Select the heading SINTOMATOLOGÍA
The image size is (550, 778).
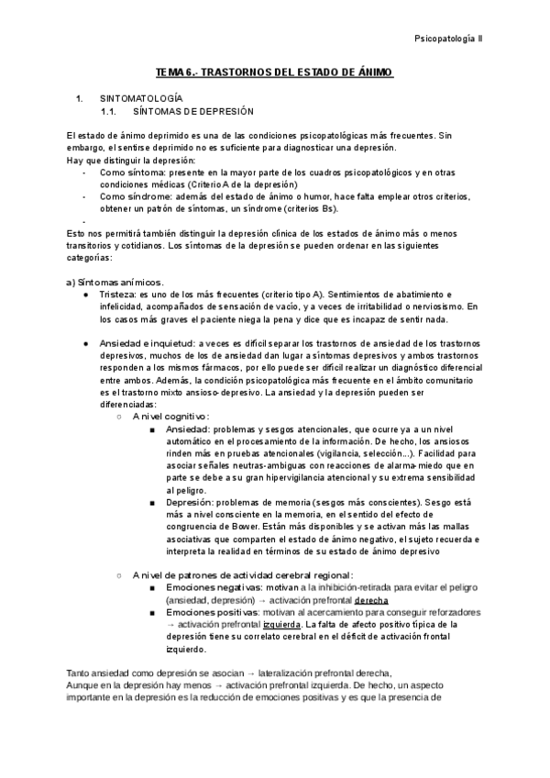pos(142,97)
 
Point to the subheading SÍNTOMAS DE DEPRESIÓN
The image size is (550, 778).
pos(193,110)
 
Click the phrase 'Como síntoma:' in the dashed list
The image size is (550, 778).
pos(126,171)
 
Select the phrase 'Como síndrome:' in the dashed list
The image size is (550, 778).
pos(128,196)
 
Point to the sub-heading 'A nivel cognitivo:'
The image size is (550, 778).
pos(170,416)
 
